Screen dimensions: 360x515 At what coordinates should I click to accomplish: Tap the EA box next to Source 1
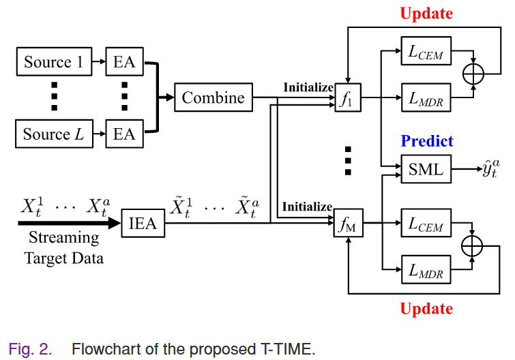(x=124, y=63)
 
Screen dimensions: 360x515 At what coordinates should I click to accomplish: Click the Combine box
(x=213, y=97)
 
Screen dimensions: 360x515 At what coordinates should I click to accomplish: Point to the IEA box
(x=143, y=224)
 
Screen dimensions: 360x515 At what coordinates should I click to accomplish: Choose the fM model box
(x=348, y=224)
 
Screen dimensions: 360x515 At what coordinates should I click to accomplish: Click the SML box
(x=425, y=169)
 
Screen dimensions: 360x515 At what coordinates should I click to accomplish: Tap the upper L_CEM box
(x=425, y=52)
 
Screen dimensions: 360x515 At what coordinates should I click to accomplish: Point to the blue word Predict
(x=427, y=141)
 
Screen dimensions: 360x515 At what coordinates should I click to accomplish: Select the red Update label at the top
(x=426, y=13)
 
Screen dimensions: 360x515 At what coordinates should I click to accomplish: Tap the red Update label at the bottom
(x=426, y=309)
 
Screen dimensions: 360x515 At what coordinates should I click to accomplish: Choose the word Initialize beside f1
(x=308, y=87)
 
